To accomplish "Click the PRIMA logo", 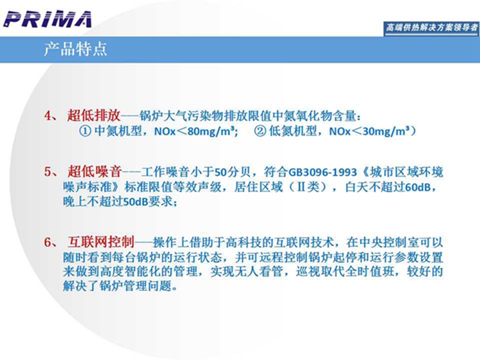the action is pyautogui.click(x=48, y=19).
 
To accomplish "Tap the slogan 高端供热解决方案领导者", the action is pyautogui.click(x=431, y=27).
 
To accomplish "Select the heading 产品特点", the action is pyautogui.click(x=75, y=49).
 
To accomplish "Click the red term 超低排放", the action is pyautogui.click(x=94, y=115).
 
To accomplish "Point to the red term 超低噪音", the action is pyautogui.click(x=95, y=171).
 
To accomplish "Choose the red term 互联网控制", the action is pyautogui.click(x=101, y=242).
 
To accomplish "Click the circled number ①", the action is pyautogui.click(x=86, y=131).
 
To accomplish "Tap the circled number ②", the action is pyautogui.click(x=260, y=131).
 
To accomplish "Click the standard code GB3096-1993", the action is pyautogui.click(x=323, y=172).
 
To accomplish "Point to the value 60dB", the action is pyautogui.click(x=418, y=187).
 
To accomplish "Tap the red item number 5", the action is pyautogui.click(x=49, y=171).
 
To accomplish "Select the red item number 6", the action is pyautogui.click(x=49, y=243).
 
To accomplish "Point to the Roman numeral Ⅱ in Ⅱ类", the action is pyautogui.click(x=302, y=187).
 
